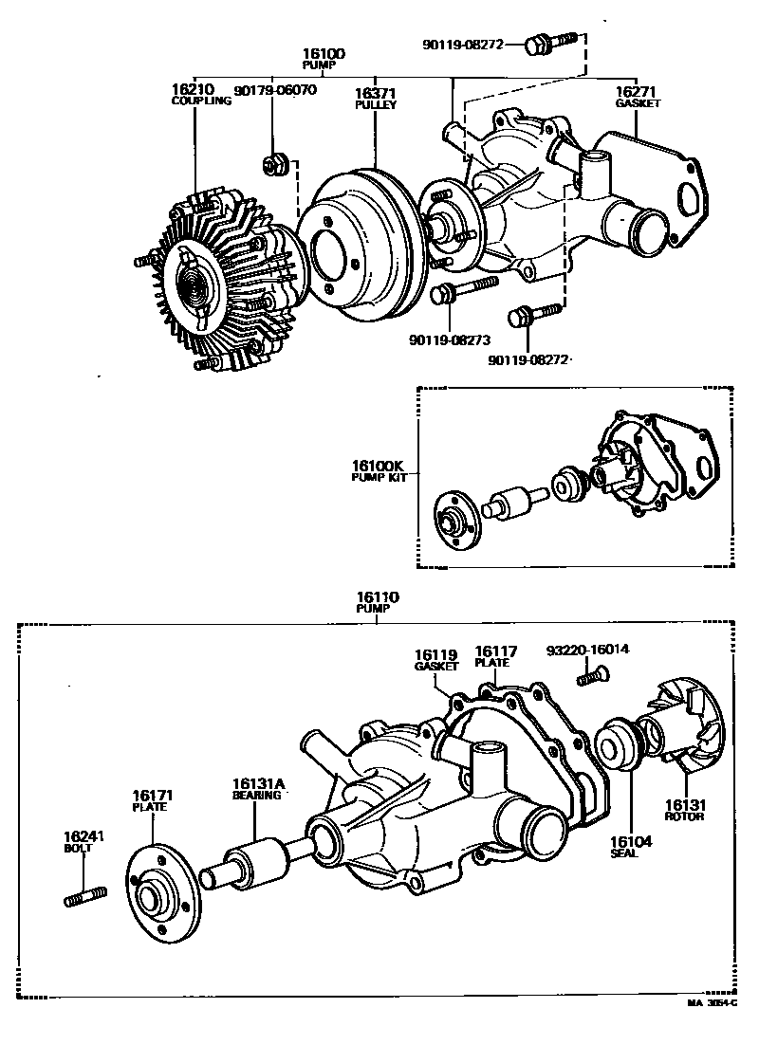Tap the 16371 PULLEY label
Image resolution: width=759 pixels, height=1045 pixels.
(376, 99)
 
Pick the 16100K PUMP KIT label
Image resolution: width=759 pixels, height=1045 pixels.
(379, 470)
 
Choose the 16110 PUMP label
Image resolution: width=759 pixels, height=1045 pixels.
(377, 602)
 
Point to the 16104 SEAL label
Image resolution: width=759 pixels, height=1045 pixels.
(626, 846)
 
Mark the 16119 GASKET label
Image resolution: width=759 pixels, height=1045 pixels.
(435, 659)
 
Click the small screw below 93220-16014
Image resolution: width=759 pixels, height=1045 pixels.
(594, 676)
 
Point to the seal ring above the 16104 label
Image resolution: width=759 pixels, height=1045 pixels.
(622, 745)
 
